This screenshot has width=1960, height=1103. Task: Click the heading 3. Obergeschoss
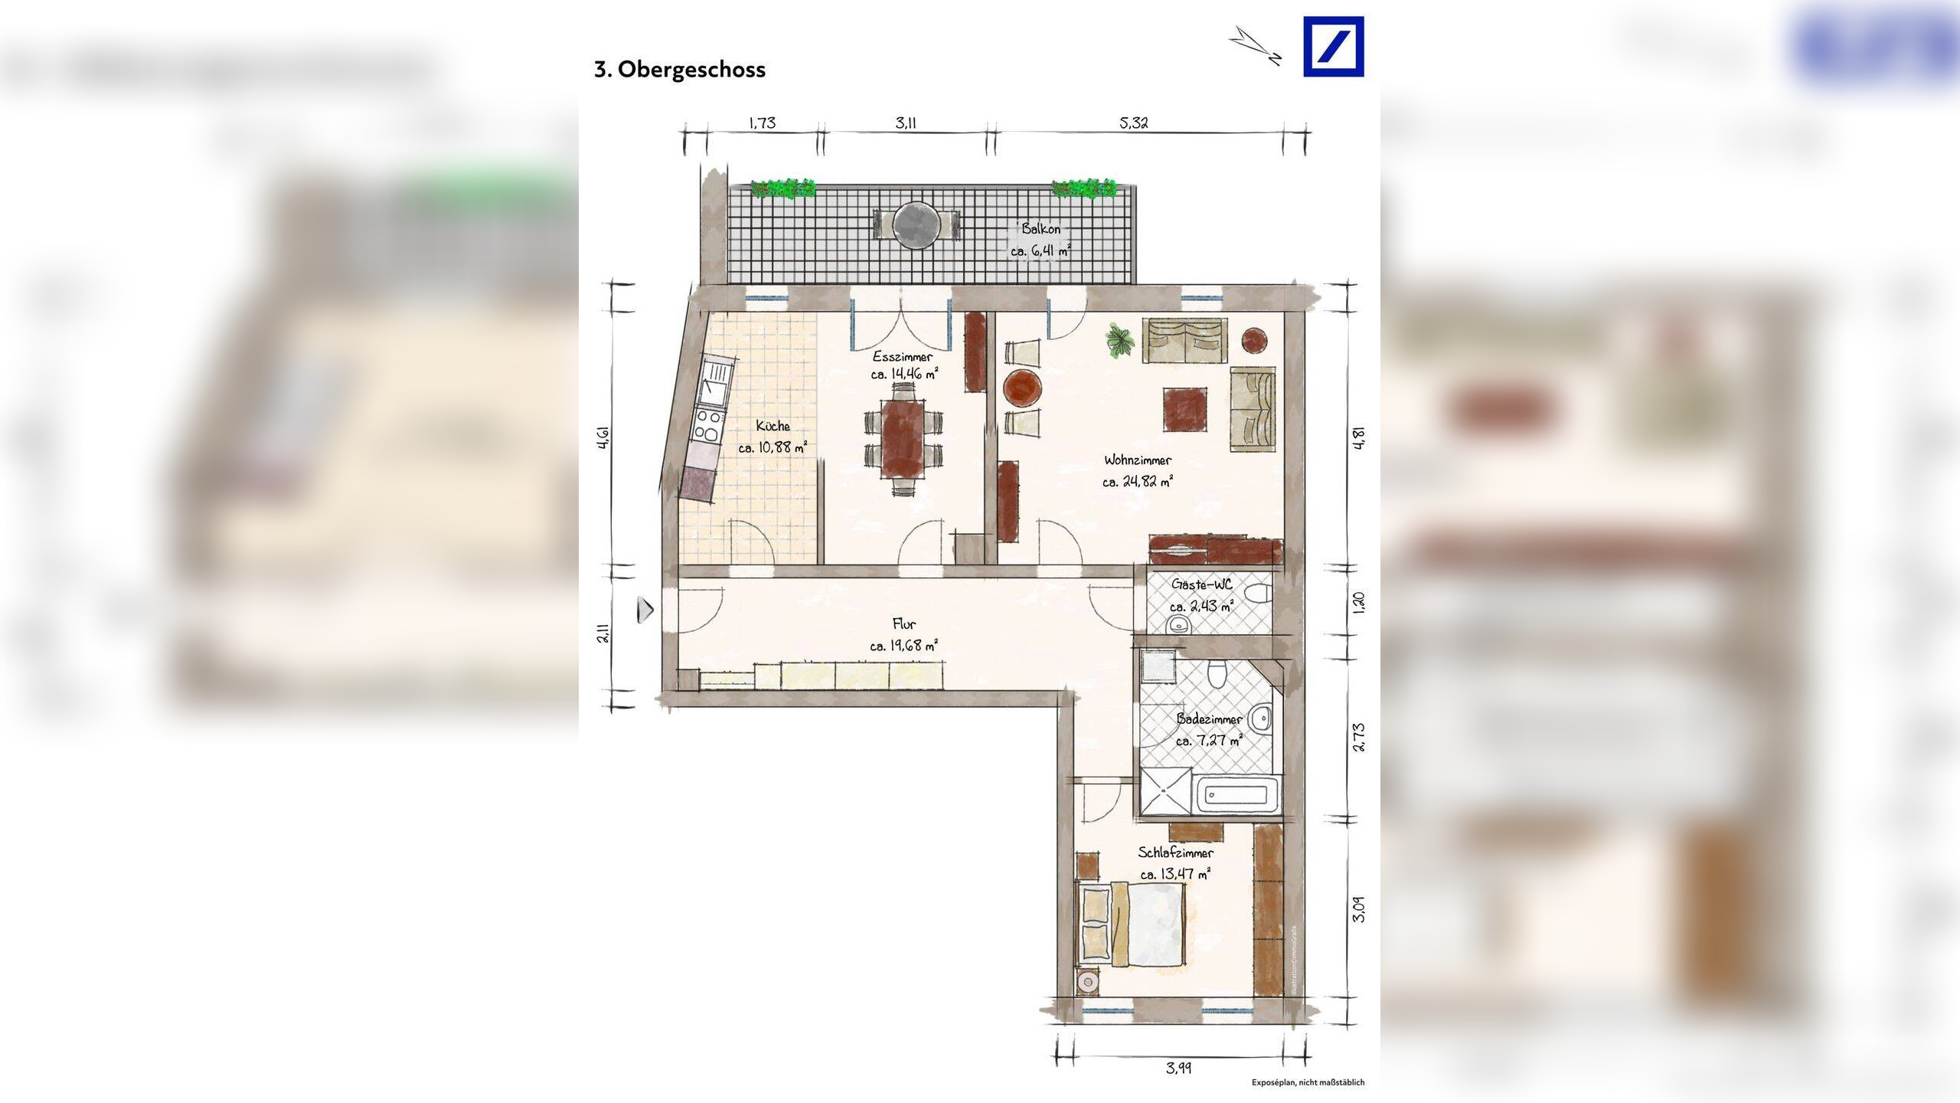pos(679,70)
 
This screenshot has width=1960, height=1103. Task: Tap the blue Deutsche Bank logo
pos(1333,47)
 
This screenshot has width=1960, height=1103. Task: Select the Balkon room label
pos(1040,228)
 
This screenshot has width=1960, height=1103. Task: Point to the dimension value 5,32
pos(1133,123)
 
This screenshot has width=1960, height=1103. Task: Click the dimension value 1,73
pos(762,123)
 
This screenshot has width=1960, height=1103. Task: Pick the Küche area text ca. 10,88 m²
pos(773,447)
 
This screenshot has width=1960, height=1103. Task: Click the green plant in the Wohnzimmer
pos(1120,339)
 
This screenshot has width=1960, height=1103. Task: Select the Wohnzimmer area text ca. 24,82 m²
pos(1138,482)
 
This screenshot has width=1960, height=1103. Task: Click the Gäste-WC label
pos(1201,584)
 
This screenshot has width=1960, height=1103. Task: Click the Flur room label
pos(903,624)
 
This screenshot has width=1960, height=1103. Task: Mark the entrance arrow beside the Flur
pos(645,610)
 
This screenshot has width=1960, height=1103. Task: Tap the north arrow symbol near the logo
pos(1256,45)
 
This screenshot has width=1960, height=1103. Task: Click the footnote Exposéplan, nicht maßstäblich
pos(1308,1082)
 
